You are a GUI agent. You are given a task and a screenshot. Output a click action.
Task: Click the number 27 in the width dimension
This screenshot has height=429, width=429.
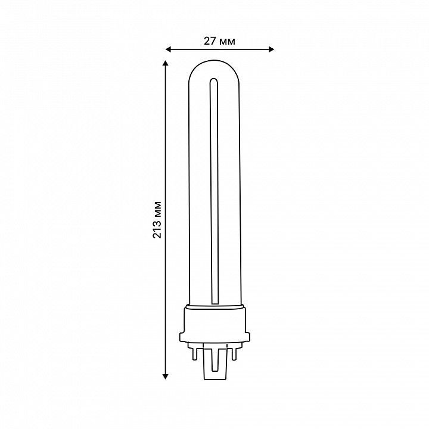pos(210,41)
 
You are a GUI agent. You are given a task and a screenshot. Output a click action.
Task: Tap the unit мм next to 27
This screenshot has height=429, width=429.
pos(226,42)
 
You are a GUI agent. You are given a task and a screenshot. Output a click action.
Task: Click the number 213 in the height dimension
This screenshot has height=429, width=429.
pos(157,229)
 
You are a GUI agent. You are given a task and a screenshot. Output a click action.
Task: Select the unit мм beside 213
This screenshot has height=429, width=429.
pos(158,209)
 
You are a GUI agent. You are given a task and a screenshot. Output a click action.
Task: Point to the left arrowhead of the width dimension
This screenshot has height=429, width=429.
pos(168,49)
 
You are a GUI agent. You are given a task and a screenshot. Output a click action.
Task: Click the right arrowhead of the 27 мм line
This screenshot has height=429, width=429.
pos(272,49)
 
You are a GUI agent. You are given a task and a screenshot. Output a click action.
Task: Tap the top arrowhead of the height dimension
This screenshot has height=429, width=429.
pos(165,63)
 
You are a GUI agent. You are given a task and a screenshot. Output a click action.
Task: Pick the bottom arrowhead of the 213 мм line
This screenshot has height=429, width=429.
pos(165,377)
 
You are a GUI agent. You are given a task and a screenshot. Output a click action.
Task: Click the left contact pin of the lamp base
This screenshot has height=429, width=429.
pos(194,353)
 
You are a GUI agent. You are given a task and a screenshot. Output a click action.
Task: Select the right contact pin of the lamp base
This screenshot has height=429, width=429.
pos(234,353)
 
